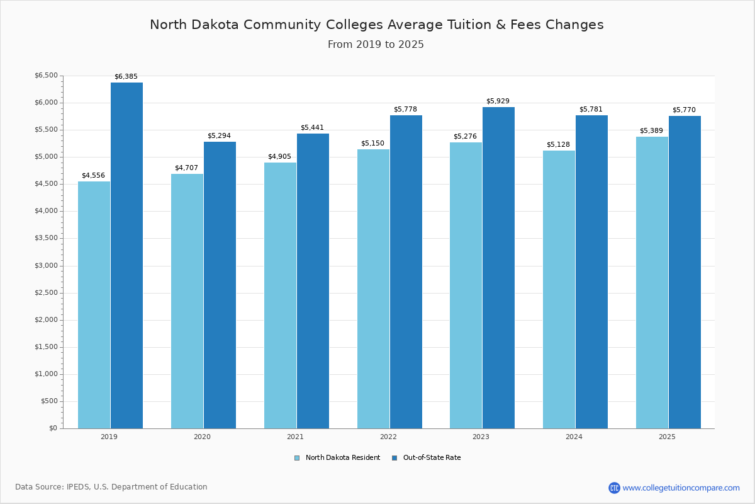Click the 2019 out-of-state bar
click(126, 255)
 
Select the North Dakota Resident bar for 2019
click(94, 305)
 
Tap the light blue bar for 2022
click(373, 289)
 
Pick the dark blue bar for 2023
click(498, 268)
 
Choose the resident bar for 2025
click(652, 282)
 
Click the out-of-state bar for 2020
click(220, 285)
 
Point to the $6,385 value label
click(126, 77)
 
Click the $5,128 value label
click(558, 145)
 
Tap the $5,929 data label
click(498, 101)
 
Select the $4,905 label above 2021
click(279, 157)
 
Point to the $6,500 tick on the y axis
click(46, 76)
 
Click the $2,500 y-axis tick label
click(46, 293)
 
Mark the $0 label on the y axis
click(53, 428)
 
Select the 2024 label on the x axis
click(574, 437)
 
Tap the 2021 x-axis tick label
click(295, 437)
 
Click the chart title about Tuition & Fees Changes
click(376, 25)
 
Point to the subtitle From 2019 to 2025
click(376, 45)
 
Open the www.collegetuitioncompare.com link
click(681, 488)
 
